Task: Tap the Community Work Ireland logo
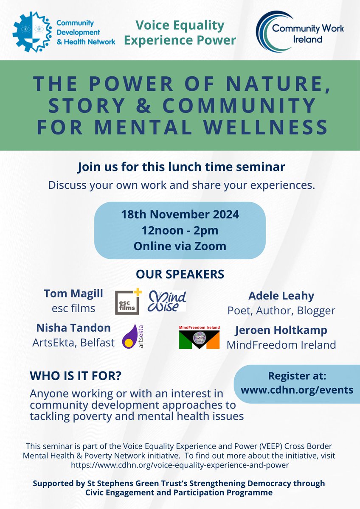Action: pyautogui.click(x=299, y=32)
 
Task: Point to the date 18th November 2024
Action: pyautogui.click(x=180, y=214)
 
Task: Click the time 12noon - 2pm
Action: pyautogui.click(x=180, y=230)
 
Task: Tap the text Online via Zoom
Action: pyautogui.click(x=180, y=246)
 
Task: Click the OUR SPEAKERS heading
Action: pyautogui.click(x=180, y=274)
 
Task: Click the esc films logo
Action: pyautogui.click(x=127, y=302)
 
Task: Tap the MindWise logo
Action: pyautogui.click(x=167, y=301)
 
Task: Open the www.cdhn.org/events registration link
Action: pyautogui.click(x=297, y=389)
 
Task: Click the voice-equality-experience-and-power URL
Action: pyautogui.click(x=180, y=465)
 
